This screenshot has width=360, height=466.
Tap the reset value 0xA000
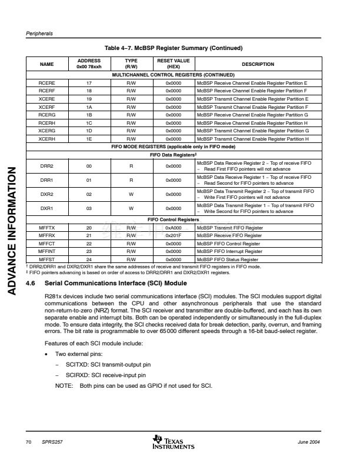pyautogui.click(x=173, y=228)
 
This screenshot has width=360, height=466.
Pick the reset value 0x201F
pyautogui.click(x=173, y=235)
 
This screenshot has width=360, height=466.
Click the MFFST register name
pyautogui.click(x=46, y=259)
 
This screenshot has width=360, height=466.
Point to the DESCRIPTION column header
pyautogui.click(x=258, y=64)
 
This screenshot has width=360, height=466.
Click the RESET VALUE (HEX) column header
pyautogui.click(x=173, y=64)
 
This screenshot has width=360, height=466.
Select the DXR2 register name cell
pyautogui.click(x=46, y=194)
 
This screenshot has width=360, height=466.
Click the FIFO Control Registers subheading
pyautogui.click(x=176, y=219)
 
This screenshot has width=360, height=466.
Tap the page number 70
pyautogui.click(x=28, y=441)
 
